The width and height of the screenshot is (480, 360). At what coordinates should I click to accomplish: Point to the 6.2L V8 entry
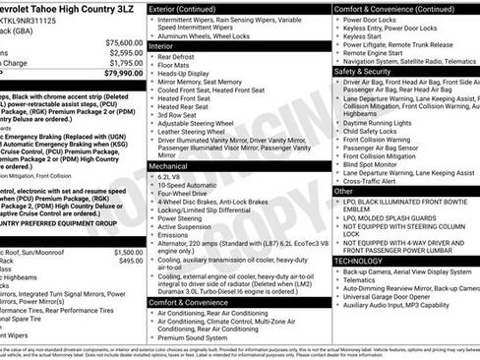pos(175,177)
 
